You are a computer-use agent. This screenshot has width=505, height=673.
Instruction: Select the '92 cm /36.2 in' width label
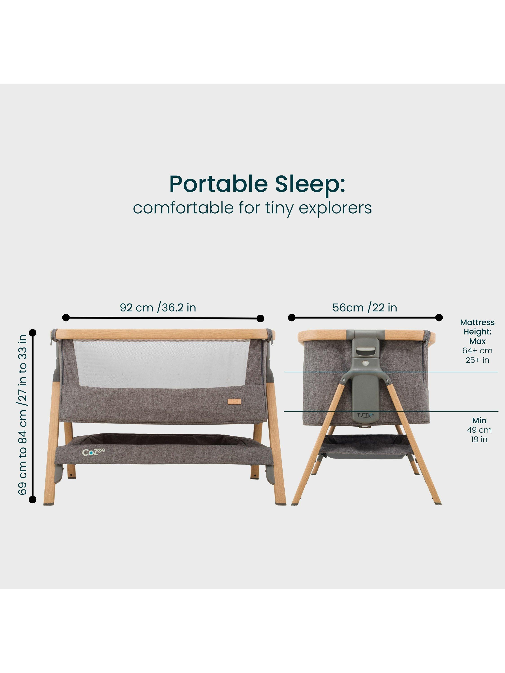(158, 308)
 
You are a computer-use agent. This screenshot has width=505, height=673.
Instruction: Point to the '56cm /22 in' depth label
(365, 308)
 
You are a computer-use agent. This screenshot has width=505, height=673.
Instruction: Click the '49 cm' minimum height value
(479, 430)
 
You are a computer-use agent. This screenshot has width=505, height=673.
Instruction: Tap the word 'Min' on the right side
(479, 420)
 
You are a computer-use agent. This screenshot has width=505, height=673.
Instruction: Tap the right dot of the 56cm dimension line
(439, 318)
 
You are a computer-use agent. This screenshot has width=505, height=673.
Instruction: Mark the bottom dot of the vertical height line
(33, 499)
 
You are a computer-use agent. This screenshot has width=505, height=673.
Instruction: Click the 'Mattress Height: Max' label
(477, 332)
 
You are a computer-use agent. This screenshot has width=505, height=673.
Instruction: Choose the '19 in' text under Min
(479, 439)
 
